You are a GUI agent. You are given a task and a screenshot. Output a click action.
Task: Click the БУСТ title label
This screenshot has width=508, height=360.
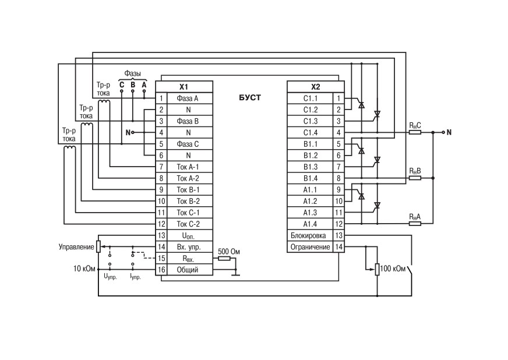[250, 97]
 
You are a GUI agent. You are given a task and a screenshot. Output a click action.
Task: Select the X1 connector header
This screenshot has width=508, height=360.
[184, 87]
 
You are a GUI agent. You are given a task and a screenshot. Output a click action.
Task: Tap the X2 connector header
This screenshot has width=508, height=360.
[316, 87]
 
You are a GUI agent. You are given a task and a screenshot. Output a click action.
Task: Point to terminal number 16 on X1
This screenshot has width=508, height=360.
[161, 270]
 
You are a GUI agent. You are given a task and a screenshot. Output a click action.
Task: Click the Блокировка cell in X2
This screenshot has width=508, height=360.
[310, 235]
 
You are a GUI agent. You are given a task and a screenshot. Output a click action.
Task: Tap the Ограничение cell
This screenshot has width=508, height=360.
[310, 247]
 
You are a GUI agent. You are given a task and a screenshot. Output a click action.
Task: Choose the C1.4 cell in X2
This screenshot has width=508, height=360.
[310, 133]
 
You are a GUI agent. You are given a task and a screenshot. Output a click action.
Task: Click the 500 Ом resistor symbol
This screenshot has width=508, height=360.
[224, 258]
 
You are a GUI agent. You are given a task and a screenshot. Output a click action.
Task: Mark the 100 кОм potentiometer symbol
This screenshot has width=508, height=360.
[377, 269]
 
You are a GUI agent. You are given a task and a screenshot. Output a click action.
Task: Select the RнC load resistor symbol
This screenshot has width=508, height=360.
[415, 132]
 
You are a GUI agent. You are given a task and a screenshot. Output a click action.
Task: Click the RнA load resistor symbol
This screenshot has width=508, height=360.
[415, 224]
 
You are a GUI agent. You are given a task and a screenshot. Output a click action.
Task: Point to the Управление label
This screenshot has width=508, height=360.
[76, 247]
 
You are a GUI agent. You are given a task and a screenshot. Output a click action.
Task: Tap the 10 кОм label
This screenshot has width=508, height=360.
[84, 269]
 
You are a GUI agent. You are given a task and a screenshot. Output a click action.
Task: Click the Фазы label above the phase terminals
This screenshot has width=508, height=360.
[132, 73]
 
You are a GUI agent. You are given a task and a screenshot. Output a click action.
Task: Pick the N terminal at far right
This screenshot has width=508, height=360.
[449, 132]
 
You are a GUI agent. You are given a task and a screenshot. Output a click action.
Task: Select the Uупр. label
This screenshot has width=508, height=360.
[110, 277]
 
